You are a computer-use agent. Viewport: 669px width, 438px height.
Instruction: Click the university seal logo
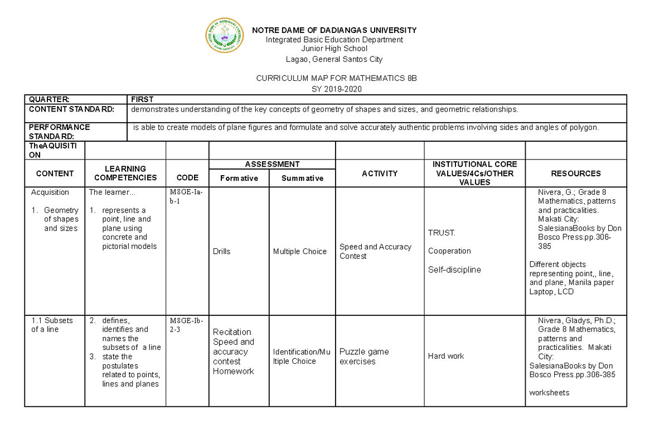click(x=225, y=36)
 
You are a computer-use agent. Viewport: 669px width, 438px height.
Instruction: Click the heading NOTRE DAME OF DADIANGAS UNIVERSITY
click(x=334, y=30)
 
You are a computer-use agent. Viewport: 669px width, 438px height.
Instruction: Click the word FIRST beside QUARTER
click(x=142, y=99)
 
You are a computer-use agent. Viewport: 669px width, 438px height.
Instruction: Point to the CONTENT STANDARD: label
click(x=71, y=109)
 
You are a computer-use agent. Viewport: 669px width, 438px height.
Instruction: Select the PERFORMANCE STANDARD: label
click(x=59, y=132)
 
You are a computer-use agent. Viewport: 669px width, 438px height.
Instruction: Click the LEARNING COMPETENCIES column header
click(x=125, y=173)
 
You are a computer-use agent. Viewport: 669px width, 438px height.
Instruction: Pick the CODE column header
click(x=187, y=177)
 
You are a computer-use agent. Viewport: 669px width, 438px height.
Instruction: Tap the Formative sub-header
click(x=239, y=178)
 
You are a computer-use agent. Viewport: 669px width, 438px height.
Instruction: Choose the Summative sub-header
click(x=302, y=178)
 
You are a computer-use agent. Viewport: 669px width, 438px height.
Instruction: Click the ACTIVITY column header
click(x=380, y=174)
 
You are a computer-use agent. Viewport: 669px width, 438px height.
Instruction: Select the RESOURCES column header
click(x=575, y=174)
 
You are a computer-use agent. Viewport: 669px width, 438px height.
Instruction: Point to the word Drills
click(x=221, y=252)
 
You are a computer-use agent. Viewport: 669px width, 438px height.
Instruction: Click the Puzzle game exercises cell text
click(x=364, y=357)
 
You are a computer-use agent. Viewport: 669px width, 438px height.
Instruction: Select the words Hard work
click(x=445, y=356)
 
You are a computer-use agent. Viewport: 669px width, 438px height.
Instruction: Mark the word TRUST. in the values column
click(x=442, y=233)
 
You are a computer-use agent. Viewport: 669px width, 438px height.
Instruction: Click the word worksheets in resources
click(x=549, y=393)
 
